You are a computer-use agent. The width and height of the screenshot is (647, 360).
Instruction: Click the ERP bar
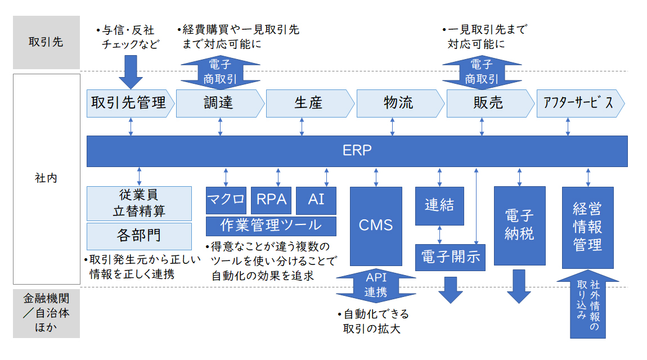click(x=357, y=151)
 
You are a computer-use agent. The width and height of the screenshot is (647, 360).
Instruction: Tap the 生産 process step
click(x=310, y=103)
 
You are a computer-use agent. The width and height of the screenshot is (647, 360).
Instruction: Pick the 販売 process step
click(x=490, y=103)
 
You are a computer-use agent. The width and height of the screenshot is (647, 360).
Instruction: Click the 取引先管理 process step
click(x=130, y=103)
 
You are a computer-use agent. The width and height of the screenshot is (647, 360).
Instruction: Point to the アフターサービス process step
click(x=580, y=103)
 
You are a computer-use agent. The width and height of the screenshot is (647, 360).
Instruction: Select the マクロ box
click(x=226, y=200)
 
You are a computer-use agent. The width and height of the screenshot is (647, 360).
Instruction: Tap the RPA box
click(x=271, y=200)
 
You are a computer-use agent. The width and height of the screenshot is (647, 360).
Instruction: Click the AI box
click(x=316, y=200)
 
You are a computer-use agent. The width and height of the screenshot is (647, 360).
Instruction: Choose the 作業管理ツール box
click(x=271, y=226)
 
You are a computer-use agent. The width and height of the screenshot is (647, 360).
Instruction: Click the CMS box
click(x=376, y=226)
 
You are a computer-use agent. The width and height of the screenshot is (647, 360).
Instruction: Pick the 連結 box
click(x=439, y=206)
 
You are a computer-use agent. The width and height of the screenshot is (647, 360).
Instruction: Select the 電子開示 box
click(x=450, y=257)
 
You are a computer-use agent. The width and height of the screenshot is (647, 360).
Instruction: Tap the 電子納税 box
click(x=519, y=226)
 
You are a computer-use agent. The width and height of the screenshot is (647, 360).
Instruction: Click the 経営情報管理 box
click(x=587, y=228)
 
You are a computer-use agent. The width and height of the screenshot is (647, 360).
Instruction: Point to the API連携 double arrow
click(x=376, y=285)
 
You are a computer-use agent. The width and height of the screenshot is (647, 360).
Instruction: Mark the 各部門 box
click(x=139, y=236)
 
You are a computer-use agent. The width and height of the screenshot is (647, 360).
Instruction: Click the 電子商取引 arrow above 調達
click(x=221, y=72)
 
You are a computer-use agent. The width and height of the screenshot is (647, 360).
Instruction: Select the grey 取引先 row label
click(x=46, y=42)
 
